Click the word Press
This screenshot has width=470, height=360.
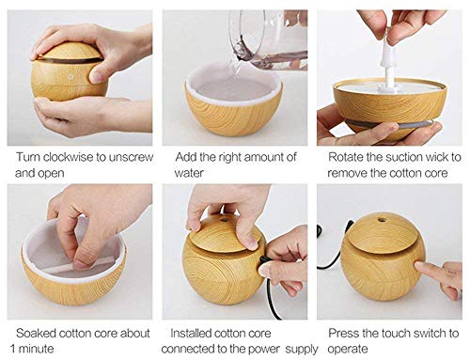pyautogui.click(x=345, y=333)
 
